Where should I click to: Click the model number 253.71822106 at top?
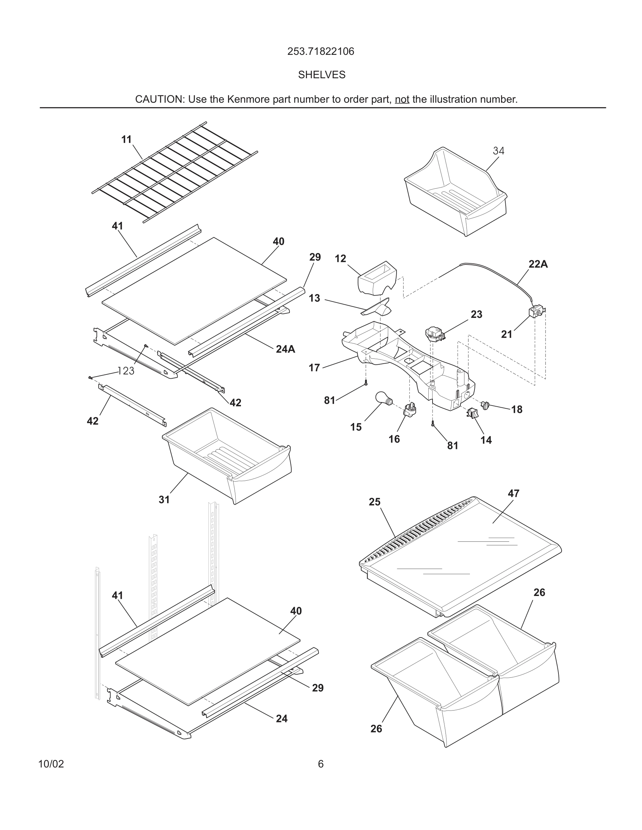tap(321, 51)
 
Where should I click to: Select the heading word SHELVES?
tap(321, 75)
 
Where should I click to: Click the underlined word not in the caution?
tap(402, 99)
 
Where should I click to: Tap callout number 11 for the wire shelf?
tap(126, 139)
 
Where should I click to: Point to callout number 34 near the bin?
tap(498, 151)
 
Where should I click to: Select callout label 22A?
tap(538, 264)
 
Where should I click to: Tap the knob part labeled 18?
tap(485, 405)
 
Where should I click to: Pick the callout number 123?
tap(126, 371)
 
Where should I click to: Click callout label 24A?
tap(285, 349)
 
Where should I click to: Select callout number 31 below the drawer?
tap(164, 500)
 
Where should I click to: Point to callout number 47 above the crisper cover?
tap(513, 493)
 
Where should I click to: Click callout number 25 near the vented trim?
tap(374, 502)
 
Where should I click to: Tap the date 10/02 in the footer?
tap(51, 764)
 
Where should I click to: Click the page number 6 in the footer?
tap(321, 764)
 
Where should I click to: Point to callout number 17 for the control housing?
tap(314, 367)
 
